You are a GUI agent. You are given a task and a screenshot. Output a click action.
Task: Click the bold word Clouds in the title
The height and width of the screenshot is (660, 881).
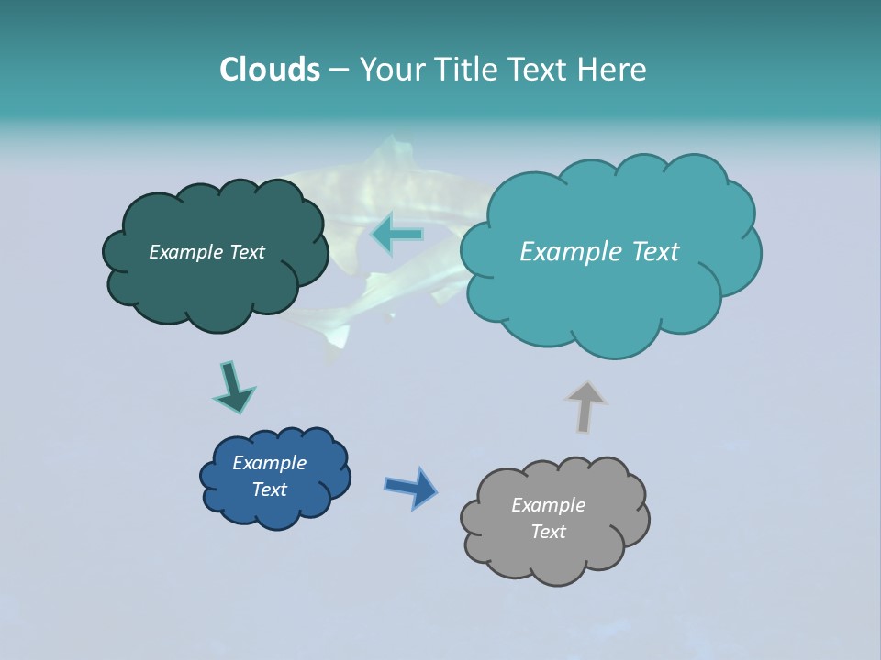(x=269, y=69)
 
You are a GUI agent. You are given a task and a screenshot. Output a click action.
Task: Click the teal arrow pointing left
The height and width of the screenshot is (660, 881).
(x=396, y=235)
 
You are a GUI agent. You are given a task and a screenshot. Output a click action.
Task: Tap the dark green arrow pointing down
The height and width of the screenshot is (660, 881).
(x=233, y=387)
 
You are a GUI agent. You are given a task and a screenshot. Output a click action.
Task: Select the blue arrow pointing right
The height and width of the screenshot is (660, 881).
(x=410, y=487)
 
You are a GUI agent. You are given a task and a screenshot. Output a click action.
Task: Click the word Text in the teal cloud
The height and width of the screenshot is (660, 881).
(x=655, y=252)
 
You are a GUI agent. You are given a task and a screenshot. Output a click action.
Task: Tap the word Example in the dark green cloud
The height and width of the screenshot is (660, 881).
(x=186, y=252)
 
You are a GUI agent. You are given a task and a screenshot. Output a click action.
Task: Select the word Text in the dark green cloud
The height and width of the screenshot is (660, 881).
(x=246, y=252)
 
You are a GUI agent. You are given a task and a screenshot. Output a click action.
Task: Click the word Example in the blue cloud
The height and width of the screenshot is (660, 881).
(x=269, y=463)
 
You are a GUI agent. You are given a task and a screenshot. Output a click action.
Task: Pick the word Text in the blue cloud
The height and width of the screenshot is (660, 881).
(x=269, y=489)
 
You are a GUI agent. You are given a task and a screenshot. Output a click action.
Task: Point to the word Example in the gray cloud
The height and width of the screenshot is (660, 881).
(x=548, y=505)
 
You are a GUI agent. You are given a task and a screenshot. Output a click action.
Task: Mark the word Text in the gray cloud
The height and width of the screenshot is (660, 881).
(x=548, y=532)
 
